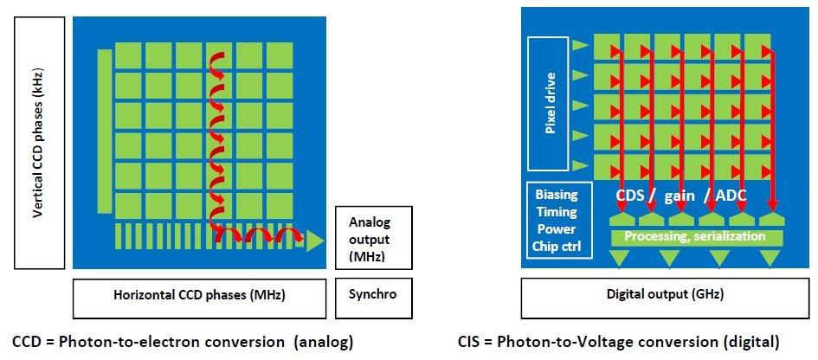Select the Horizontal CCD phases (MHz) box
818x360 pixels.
pyautogui.click(x=200, y=294)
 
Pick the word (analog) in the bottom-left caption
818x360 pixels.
pyautogui.click(x=323, y=341)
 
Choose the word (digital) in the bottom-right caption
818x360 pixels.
pyautogui.click(x=751, y=341)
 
